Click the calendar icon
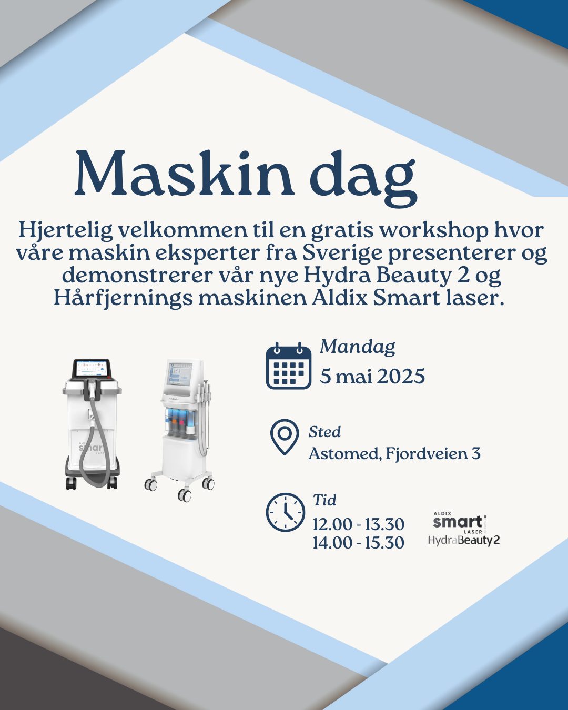(289, 366)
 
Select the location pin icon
(285, 437)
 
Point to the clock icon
(286, 512)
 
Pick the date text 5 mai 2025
(372, 377)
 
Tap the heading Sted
(324, 432)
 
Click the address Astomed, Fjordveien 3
(394, 454)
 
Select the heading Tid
(324, 500)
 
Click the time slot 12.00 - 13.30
(359, 524)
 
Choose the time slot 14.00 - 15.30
(359, 543)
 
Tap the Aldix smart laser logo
(460, 523)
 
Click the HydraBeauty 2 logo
(464, 540)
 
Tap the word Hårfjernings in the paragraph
(123, 299)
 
